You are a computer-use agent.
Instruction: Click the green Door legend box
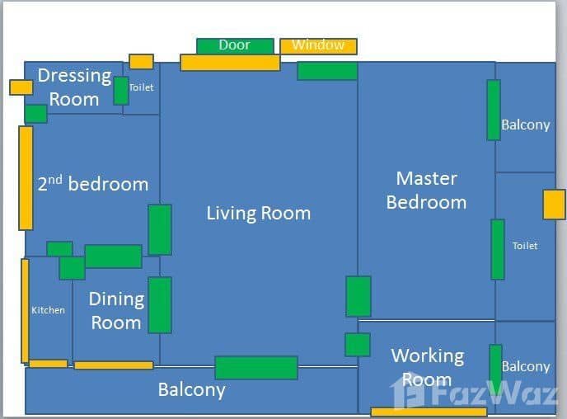coord(235,46)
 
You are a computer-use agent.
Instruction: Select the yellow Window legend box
coord(319,46)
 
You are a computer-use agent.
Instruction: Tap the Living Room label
coord(259,213)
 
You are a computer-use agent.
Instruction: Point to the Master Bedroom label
coord(427,191)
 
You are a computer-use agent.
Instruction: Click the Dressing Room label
coord(74,87)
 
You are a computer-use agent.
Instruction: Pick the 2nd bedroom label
coord(93,183)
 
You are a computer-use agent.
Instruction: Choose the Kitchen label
coord(48,310)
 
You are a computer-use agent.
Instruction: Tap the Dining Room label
coord(116,311)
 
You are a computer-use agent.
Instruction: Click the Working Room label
coord(428,367)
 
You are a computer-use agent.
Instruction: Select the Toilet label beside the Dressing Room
coord(142,87)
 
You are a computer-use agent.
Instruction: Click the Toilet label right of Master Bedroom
coord(525,246)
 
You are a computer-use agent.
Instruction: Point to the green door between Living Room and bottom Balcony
coord(256,368)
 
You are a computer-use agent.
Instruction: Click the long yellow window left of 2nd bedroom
coord(26,178)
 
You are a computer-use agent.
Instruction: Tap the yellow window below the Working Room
coord(429,412)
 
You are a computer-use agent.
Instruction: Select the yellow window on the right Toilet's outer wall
coord(554,205)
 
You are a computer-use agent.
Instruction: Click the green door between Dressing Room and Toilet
coord(121,91)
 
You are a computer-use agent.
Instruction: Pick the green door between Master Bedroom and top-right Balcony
coord(494,110)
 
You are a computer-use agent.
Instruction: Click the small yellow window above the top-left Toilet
coord(142,62)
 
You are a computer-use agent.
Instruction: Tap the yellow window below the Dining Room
coord(114,365)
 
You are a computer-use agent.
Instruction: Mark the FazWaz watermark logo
coord(474,392)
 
